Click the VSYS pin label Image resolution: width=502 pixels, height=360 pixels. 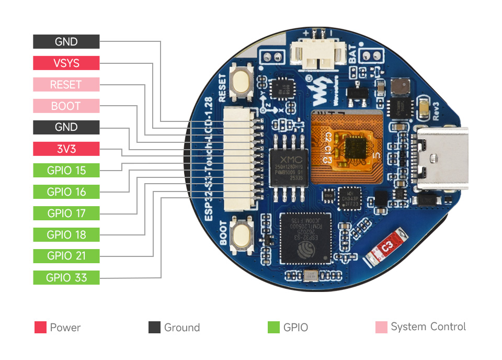pyautogui.click(x=66, y=63)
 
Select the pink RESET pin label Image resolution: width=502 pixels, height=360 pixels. pyautogui.click(x=66, y=85)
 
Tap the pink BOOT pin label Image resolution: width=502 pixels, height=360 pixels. pyautogui.click(x=66, y=106)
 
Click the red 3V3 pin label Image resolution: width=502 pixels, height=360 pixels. pyautogui.click(x=66, y=149)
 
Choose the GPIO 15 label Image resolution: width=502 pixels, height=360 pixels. pyautogui.click(x=66, y=171)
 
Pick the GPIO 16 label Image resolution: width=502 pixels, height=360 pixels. pyautogui.click(x=66, y=192)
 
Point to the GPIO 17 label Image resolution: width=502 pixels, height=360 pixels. pyautogui.click(x=66, y=213)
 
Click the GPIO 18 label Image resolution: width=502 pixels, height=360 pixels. pyautogui.click(x=66, y=235)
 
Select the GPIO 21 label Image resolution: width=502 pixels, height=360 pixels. pyautogui.click(x=66, y=256)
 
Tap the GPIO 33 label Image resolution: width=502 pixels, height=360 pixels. pyautogui.click(x=66, y=278)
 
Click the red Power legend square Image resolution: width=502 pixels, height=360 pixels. pyautogui.click(x=40, y=328)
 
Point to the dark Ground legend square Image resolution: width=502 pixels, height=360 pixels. pyautogui.click(x=154, y=328)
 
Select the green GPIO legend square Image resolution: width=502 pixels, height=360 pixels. pyautogui.click(x=273, y=328)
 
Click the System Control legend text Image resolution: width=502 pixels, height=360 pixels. pyautogui.click(x=428, y=327)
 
